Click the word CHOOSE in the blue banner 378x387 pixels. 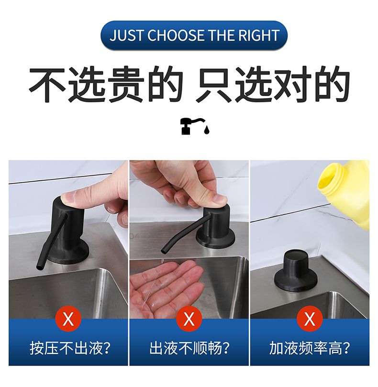point(176,35)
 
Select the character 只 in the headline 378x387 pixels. point(214,84)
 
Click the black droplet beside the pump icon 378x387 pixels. point(206,130)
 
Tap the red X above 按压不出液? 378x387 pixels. point(68,319)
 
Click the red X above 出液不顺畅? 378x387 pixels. point(189,319)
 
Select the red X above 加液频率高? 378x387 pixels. point(310,319)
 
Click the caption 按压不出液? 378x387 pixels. point(70,348)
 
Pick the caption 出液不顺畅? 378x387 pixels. point(189,348)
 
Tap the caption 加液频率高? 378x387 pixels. point(310,348)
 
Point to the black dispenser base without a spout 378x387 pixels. point(296,271)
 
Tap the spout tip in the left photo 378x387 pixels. point(39,267)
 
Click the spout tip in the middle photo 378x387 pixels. point(163,251)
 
